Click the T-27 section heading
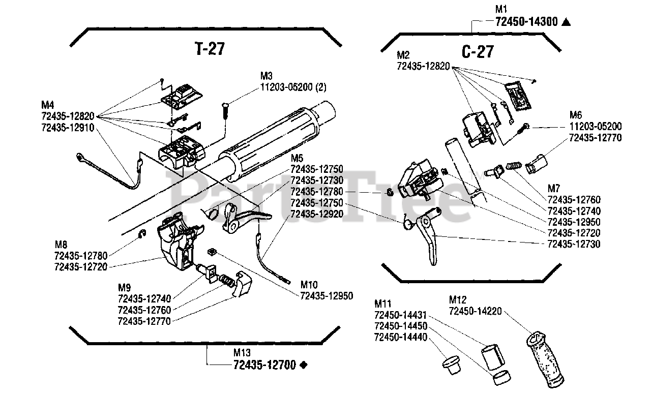tap(210, 48)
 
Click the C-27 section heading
tap(478, 52)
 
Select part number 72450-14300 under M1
tap(526, 22)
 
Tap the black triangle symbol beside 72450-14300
tap(566, 22)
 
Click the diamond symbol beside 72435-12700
tap(304, 365)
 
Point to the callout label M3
tap(266, 76)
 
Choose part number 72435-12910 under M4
tap(68, 128)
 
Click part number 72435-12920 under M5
tap(317, 214)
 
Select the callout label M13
tap(242, 353)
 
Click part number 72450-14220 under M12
tap(476, 311)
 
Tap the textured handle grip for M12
tap(545, 359)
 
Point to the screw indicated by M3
tap(225, 110)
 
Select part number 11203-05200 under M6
tap(596, 127)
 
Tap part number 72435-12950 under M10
tap(327, 296)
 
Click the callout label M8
tap(61, 245)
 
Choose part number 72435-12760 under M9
tap(144, 310)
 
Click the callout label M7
tap(554, 189)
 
